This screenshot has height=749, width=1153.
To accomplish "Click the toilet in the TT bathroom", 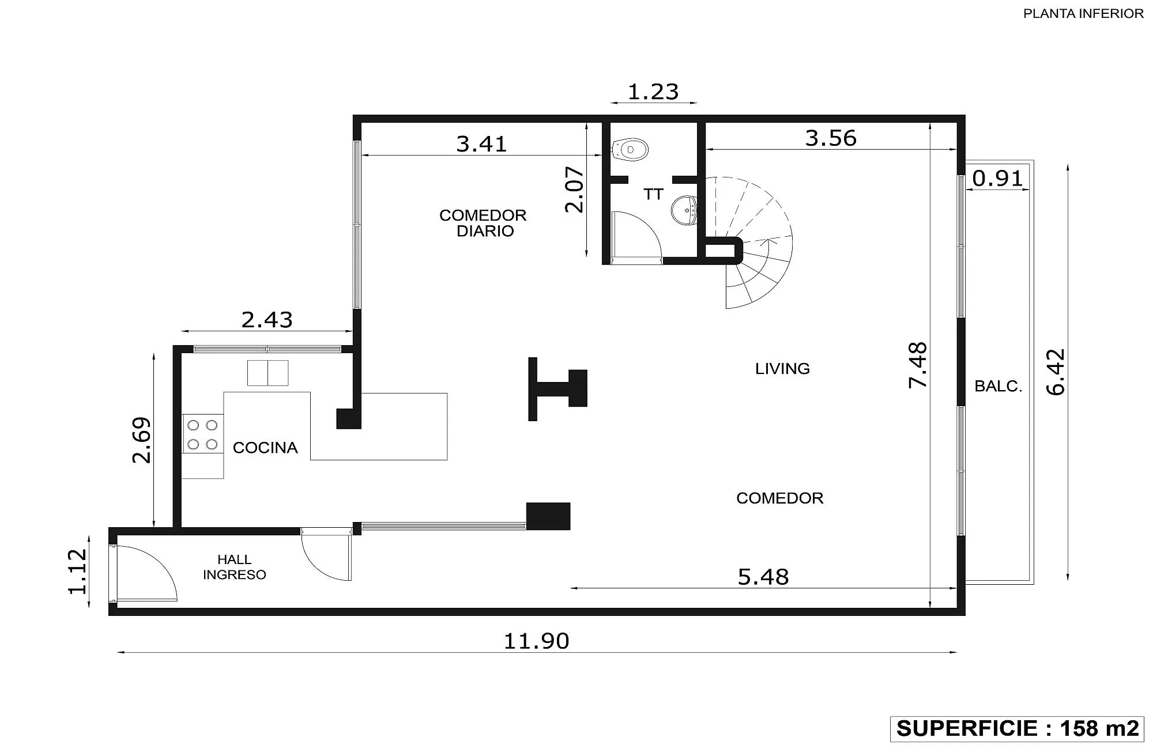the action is [x=630, y=149].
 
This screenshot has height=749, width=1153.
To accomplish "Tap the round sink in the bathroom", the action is [x=684, y=210].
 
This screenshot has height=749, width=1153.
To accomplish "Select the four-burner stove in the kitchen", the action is [x=202, y=434].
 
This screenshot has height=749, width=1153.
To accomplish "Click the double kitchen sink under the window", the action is [x=267, y=373].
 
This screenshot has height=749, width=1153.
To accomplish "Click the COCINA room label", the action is [x=265, y=448].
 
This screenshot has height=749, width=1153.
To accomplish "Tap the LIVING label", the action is [x=782, y=369].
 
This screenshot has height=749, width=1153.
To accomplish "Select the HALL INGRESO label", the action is [x=234, y=567].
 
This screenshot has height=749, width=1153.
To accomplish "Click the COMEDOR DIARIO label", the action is [x=483, y=223].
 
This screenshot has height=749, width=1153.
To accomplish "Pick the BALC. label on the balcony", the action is [x=998, y=386].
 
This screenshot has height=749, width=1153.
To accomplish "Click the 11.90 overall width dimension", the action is [x=536, y=641].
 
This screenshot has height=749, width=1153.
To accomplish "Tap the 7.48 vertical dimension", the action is [x=917, y=365].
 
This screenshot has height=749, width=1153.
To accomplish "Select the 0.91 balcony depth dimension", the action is [x=997, y=179].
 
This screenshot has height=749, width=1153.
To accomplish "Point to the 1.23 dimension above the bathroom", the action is [x=653, y=92].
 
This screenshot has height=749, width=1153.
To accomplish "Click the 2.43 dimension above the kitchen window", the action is [x=267, y=319].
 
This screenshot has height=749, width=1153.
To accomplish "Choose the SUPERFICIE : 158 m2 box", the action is [x=1017, y=728].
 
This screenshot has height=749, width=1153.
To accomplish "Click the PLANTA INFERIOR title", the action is [x=1083, y=14].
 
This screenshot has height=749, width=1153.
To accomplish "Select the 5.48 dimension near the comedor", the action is [x=763, y=577].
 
